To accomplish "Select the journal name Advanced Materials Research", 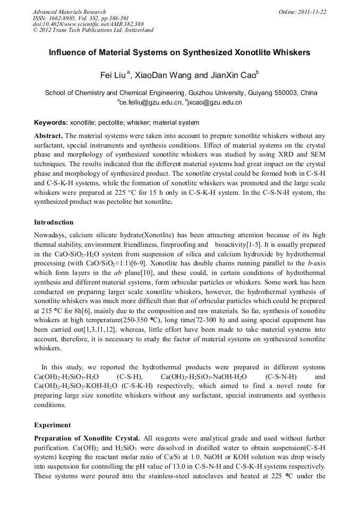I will [x=69, y=12].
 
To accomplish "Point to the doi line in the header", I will [x=88, y=24].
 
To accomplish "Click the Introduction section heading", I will [x=54, y=222].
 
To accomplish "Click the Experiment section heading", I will [x=52, y=425].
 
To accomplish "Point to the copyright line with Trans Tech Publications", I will [x=93, y=30].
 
